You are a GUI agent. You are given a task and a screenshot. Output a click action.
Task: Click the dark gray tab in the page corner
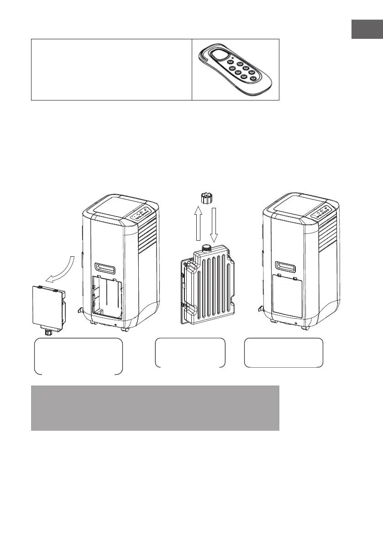pos(367,29)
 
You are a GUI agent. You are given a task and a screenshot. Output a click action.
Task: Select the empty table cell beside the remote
pos(111,69)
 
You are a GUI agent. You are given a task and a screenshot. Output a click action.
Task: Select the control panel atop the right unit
pos(321,213)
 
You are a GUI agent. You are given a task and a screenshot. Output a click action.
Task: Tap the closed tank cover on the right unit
pos(287,295)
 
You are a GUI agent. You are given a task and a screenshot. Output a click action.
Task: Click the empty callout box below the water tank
pos(190,353)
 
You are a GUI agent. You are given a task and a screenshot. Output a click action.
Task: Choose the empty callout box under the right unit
pos(283,353)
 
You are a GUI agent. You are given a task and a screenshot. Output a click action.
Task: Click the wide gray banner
pos(155,408)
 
